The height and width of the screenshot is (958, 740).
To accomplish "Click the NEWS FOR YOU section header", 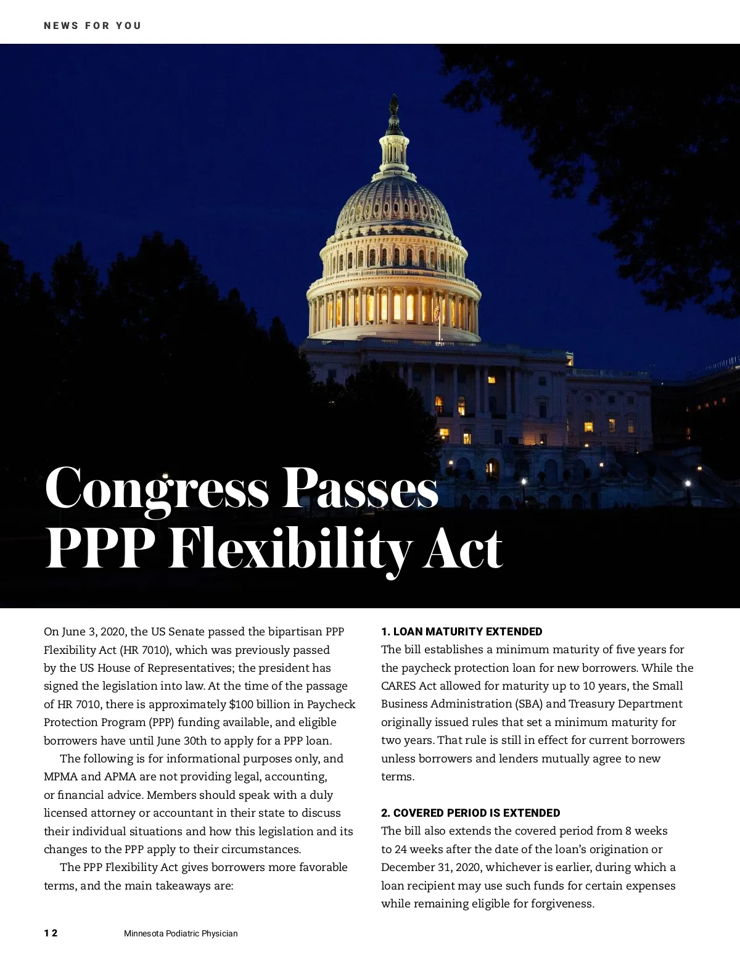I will point(92,26).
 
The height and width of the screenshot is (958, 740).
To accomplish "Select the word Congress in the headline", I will point(157,489).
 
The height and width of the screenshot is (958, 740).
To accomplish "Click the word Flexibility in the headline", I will point(288,550).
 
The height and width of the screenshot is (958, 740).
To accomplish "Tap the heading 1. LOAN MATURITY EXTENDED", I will point(461,632).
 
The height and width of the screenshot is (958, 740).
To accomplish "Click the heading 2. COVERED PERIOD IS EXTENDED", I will point(471,813).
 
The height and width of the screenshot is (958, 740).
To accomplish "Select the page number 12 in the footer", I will point(51,933).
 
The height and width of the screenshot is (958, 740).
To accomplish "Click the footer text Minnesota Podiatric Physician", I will point(181,933).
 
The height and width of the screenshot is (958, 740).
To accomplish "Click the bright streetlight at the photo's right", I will point(688,484).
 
